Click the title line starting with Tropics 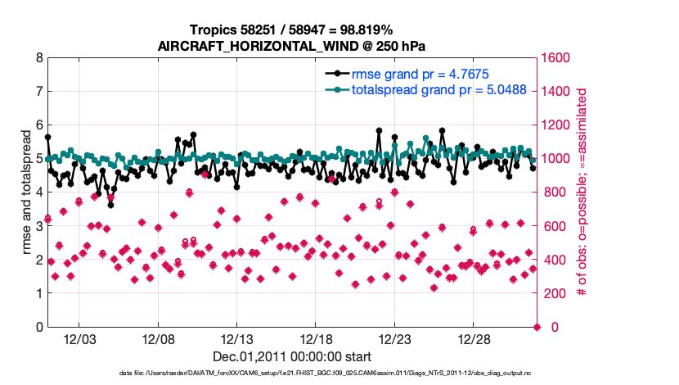coord(291,29)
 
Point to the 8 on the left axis coord(38,58)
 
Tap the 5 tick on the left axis coord(38,159)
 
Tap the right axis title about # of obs coord(582,193)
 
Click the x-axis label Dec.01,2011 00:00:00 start coord(292,356)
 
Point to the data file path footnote coord(292,374)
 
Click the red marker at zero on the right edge coord(537,327)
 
